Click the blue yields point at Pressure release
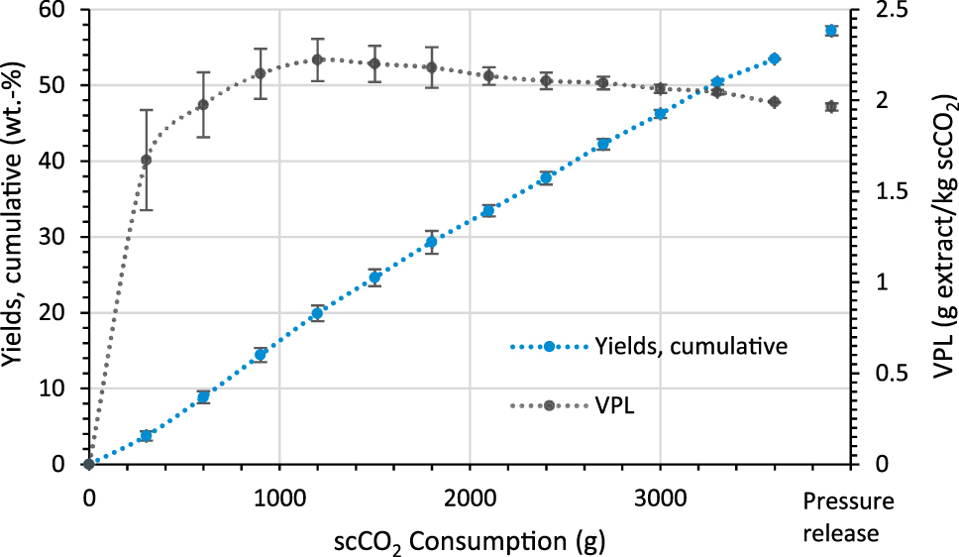(831, 31)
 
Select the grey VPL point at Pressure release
(831, 107)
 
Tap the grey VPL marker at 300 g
(147, 160)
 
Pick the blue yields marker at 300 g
(147, 435)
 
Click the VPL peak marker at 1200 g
(317, 59)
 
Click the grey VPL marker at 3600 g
(775, 102)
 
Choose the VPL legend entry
(614, 405)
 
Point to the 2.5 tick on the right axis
(896, 10)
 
